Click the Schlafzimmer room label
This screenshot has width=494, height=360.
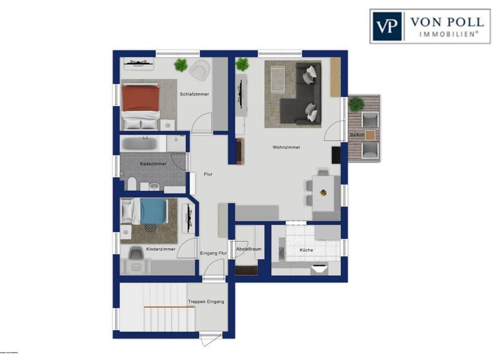tap(194, 94)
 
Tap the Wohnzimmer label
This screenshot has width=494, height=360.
tap(286, 147)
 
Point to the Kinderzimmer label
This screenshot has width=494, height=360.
tap(160, 249)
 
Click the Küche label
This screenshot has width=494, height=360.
tap(307, 249)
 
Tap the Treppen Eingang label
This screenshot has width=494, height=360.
tap(206, 301)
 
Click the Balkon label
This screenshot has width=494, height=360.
tap(357, 135)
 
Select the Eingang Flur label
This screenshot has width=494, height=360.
tap(214, 253)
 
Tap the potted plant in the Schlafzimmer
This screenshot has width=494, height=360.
tap(181, 64)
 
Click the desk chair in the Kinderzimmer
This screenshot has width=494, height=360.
tap(136, 255)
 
